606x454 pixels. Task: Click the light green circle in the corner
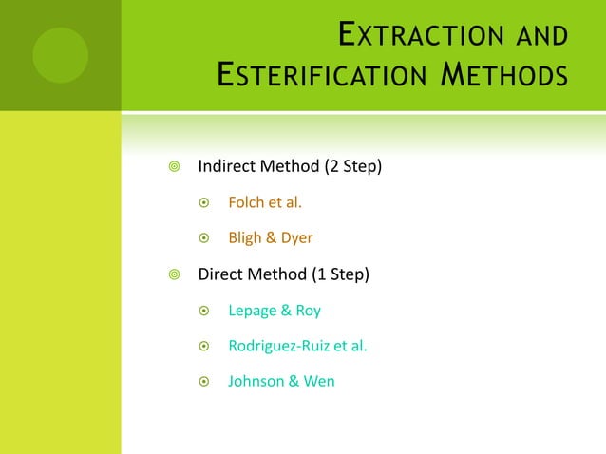(61, 54)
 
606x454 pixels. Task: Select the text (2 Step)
(353, 167)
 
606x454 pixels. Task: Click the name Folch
(247, 202)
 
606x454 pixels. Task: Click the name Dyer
(295, 237)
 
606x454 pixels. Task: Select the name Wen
(318, 382)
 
